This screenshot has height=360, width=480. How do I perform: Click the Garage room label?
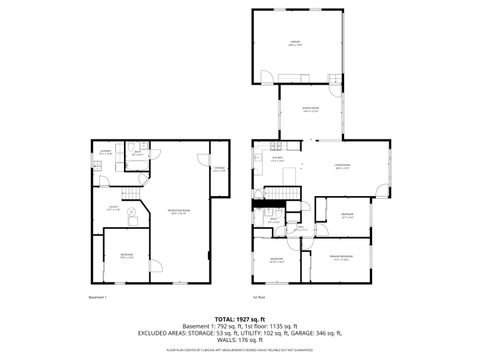click(x=293, y=44)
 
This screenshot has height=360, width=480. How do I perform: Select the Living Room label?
click(x=342, y=167)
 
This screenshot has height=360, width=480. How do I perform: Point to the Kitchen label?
click(x=276, y=160)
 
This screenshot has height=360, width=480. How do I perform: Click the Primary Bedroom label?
click(x=342, y=258)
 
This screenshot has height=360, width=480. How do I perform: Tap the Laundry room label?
click(x=105, y=153)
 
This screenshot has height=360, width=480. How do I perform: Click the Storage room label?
click(x=220, y=170)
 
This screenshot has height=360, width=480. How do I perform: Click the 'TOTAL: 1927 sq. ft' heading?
click(x=239, y=317)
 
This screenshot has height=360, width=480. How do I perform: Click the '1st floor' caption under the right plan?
click(x=258, y=297)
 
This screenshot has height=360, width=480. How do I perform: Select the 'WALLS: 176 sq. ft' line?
click(x=240, y=340)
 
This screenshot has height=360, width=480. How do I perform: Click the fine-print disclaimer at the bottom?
click(x=240, y=349)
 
